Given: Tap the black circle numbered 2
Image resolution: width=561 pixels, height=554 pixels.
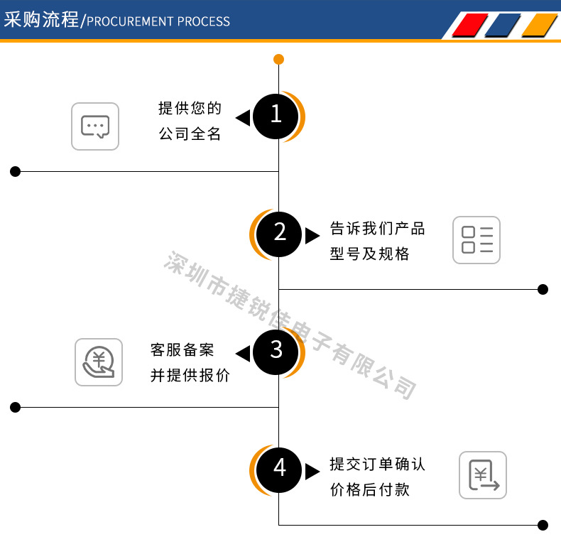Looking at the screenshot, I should coord(280,233).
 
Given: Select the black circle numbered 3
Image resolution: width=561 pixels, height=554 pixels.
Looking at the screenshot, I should coord(276,351).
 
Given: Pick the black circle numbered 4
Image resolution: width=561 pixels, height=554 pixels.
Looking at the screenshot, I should coord(280,469).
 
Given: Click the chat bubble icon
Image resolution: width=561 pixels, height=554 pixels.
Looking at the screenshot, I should coord(95,126).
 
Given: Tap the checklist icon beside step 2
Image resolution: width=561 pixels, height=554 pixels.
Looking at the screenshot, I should coord(476,240).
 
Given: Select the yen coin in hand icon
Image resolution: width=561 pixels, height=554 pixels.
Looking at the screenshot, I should coord(99,362).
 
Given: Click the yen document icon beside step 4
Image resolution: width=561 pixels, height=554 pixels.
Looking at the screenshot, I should coord(483,475).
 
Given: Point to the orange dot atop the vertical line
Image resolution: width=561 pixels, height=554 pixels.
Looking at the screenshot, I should coord(278,59).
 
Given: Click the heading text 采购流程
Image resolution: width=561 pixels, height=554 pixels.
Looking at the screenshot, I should coord(41,19).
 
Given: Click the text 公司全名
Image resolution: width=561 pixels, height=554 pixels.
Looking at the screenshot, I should coord(190,134).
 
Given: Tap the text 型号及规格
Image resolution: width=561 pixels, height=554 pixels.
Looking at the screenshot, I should coord(370,254).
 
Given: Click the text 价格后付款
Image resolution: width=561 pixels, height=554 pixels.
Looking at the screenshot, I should coord(370,489).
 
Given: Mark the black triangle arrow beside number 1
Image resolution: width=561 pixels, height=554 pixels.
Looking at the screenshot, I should coord(243,118).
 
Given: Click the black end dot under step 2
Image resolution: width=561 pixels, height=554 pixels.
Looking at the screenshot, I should coord(543,289).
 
